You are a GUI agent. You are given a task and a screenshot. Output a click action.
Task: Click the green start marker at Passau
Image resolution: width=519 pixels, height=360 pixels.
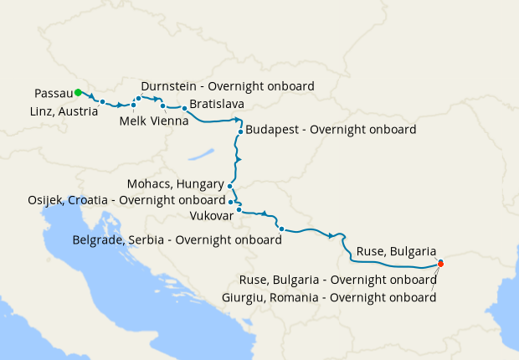77,92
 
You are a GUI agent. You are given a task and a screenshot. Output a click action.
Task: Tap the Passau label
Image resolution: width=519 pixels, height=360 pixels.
54,92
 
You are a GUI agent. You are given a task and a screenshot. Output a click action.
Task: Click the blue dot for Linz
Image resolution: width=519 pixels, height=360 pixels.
102,102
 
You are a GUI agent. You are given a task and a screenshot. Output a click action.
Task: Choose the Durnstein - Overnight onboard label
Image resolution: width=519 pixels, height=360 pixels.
228,86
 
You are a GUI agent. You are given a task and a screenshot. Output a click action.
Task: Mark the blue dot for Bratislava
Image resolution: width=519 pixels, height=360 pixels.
184,109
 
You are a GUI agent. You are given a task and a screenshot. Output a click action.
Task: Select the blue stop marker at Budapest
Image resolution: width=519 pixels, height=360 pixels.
240,131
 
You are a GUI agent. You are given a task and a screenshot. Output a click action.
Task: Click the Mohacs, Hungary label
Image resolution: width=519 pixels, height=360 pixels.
175,183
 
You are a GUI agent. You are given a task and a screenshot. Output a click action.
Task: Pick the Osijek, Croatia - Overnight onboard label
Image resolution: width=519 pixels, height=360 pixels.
126,199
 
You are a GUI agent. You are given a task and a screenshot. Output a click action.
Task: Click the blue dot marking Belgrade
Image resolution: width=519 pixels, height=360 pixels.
281,229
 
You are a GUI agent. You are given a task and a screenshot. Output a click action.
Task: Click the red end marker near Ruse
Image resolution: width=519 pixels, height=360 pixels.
440,264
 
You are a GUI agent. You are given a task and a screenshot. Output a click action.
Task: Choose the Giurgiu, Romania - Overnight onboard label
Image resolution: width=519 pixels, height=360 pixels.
329,296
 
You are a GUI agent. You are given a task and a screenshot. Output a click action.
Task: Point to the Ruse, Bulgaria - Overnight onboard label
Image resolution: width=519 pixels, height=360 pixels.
337,280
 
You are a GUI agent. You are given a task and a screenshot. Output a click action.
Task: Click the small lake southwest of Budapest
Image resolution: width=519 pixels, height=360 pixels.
202,155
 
